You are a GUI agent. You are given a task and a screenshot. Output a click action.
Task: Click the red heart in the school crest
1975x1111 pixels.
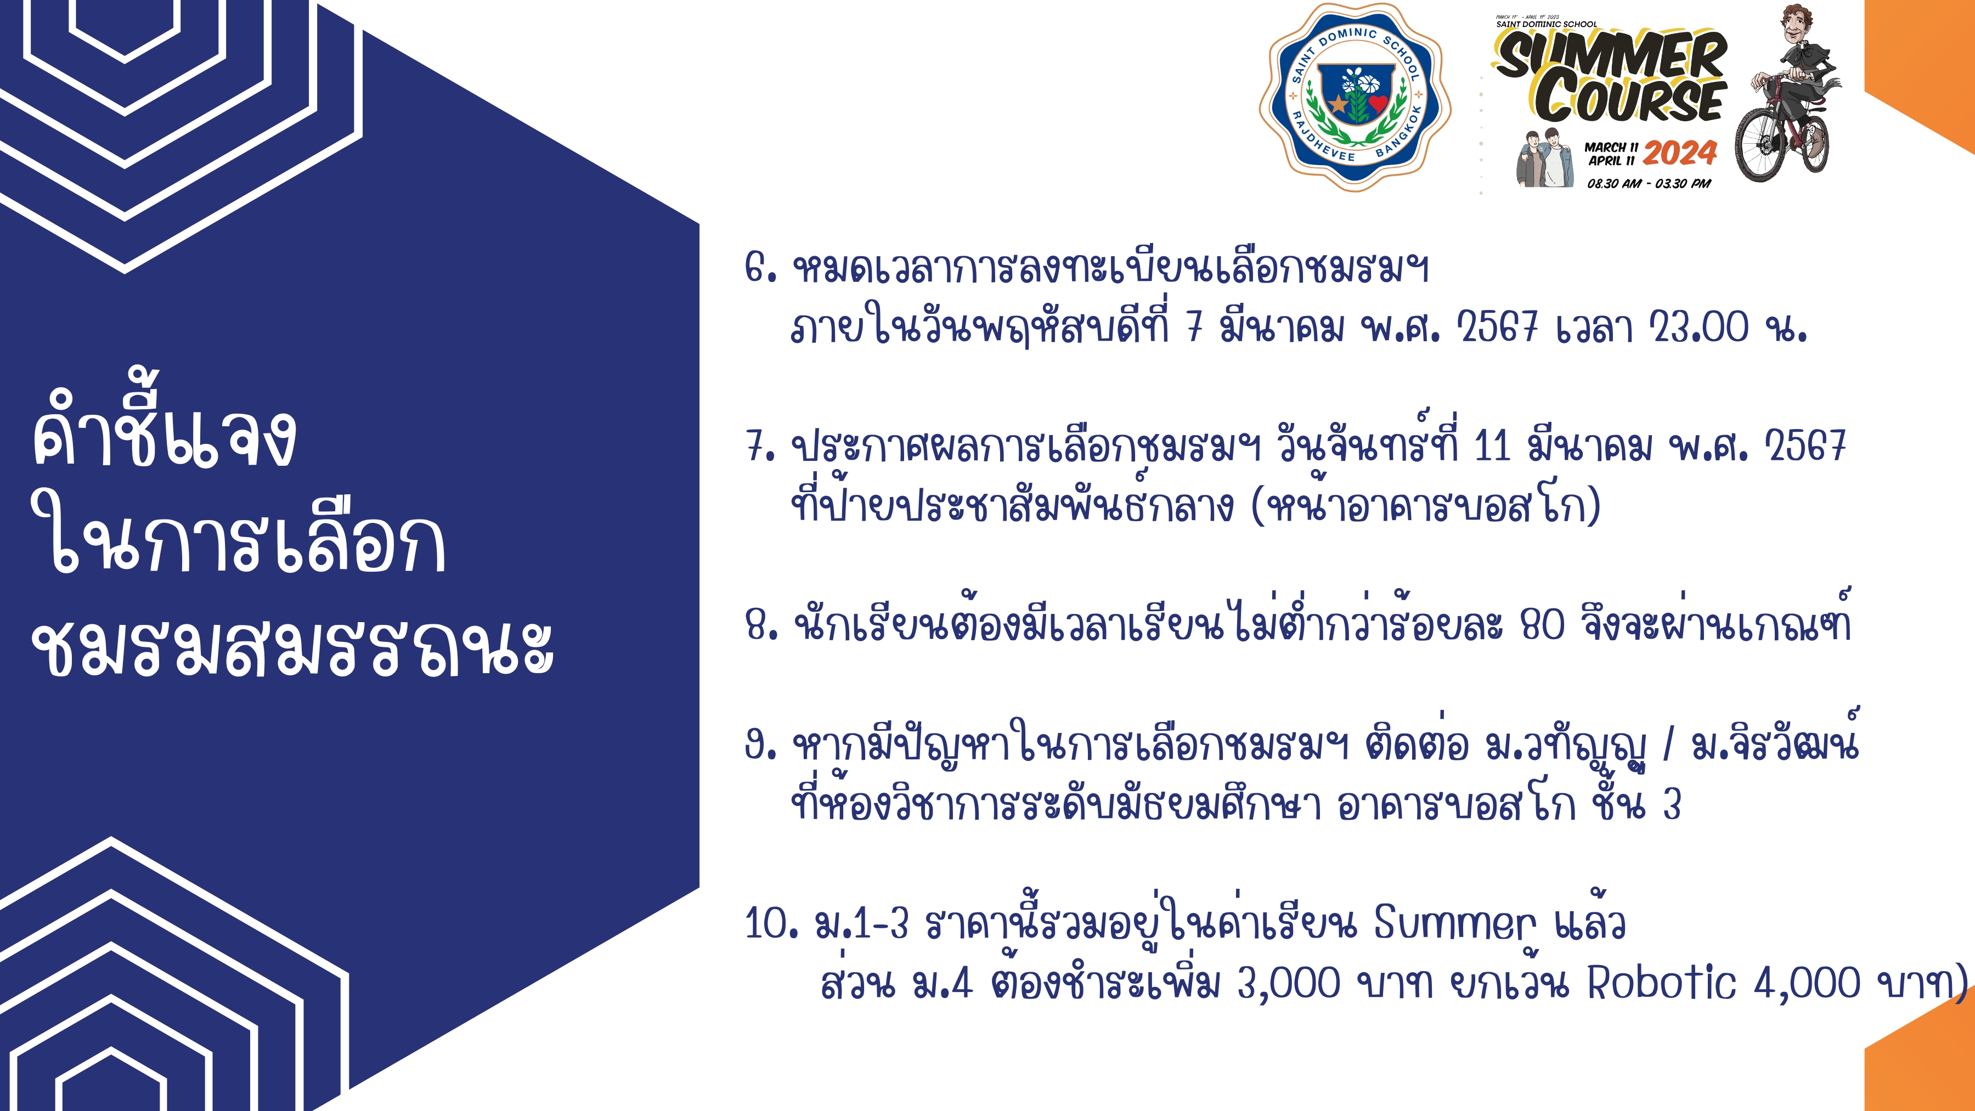[x=1378, y=102]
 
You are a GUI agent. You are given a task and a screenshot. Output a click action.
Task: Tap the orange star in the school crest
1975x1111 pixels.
[x=1339, y=103]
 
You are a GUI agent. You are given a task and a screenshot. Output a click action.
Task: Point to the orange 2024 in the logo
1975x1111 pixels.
[x=1680, y=154]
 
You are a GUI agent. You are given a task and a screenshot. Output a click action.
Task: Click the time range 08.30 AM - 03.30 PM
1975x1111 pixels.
[x=1649, y=184]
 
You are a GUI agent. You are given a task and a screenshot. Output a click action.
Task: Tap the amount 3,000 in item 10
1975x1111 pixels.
[x=1289, y=984]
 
